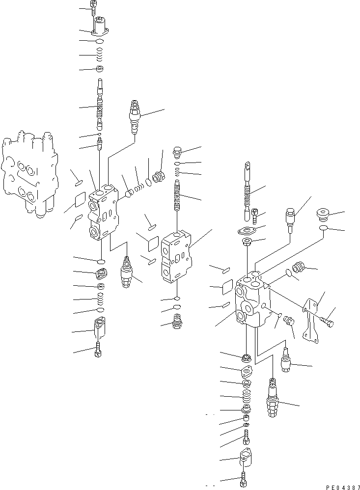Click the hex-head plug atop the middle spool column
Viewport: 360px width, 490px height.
coord(178,151)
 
